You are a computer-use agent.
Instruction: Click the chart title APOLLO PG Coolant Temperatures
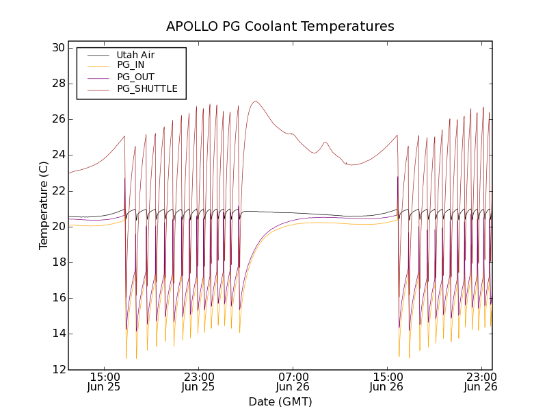280,27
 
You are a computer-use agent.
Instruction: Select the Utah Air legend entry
135,55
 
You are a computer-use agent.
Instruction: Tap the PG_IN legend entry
131,65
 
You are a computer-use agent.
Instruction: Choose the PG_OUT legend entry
135,77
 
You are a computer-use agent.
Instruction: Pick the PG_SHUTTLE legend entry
147,88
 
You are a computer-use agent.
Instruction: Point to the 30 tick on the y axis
57,48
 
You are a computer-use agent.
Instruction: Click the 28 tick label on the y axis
57,84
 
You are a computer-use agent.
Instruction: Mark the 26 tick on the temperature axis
57,119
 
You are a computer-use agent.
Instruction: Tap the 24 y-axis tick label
57,155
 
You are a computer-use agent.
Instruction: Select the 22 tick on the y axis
57,190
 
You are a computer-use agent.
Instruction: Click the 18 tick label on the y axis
57,262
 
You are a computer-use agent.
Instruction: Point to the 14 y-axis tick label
57,334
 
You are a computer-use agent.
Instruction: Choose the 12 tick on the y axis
57,369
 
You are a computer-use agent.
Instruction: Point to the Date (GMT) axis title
280,401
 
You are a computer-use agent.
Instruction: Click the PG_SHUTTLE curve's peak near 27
255,101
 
